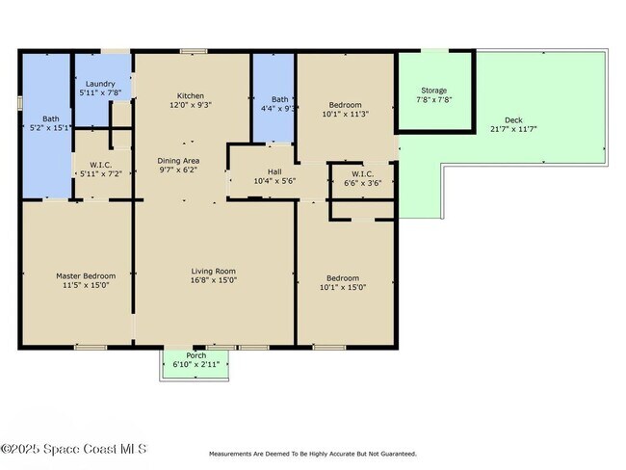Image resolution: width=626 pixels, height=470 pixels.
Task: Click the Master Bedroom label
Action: pyautogui.click(x=86, y=275)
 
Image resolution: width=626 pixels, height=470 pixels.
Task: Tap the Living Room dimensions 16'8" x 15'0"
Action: pyautogui.click(x=214, y=280)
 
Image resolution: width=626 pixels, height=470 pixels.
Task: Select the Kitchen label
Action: pyautogui.click(x=191, y=96)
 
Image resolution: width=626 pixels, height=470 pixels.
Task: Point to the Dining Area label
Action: pyautogui.click(x=178, y=161)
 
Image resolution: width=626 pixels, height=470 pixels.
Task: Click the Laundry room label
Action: pyautogui.click(x=100, y=84)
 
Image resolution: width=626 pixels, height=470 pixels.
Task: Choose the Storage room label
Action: pyautogui.click(x=434, y=91)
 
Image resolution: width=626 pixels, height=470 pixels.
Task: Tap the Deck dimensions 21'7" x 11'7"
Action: pyautogui.click(x=513, y=129)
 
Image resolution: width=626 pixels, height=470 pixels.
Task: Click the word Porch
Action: pyautogui.click(x=196, y=355)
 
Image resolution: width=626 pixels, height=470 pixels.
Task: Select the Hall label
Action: pyautogui.click(x=274, y=171)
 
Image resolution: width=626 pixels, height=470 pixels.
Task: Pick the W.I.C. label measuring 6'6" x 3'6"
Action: pyautogui.click(x=362, y=174)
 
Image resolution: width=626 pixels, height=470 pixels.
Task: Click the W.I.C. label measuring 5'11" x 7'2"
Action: pyautogui.click(x=100, y=165)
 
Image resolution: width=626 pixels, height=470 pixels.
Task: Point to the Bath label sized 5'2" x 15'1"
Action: pyautogui.click(x=51, y=118)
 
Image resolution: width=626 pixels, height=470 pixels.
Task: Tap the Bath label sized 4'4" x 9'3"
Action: pyautogui.click(x=280, y=99)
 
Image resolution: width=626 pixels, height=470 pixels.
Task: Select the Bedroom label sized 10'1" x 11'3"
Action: pyautogui.click(x=346, y=105)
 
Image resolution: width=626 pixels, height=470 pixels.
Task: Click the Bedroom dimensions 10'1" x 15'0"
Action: pyautogui.click(x=343, y=287)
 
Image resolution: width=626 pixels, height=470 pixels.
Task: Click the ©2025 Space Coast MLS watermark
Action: pyautogui.click(x=74, y=449)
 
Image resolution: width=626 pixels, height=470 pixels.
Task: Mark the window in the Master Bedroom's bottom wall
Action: pyautogui.click(x=91, y=348)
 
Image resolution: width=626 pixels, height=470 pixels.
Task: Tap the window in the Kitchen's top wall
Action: pyautogui.click(x=194, y=51)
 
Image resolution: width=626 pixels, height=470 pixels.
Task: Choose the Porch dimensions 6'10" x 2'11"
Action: pyautogui.click(x=196, y=364)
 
